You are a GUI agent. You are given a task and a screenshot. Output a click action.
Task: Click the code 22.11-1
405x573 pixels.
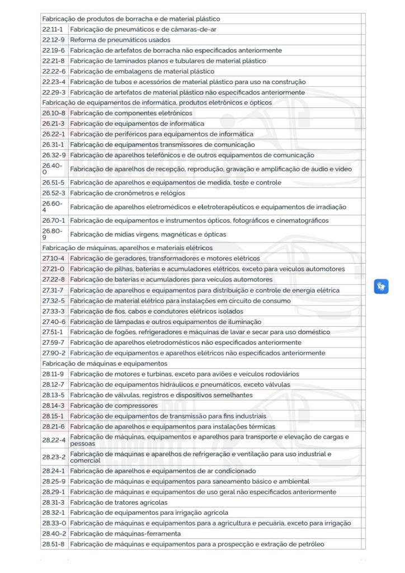(x=53, y=29)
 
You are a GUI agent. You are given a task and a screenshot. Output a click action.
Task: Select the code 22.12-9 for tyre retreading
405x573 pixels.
(x=53, y=40)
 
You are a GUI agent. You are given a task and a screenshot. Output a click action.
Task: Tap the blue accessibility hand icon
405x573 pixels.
(x=381, y=287)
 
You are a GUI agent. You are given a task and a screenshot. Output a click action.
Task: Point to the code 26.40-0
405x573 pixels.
(x=53, y=169)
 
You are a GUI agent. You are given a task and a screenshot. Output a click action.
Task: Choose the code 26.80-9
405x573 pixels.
(x=53, y=234)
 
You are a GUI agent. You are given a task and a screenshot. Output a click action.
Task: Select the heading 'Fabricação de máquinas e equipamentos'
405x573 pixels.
(x=97, y=363)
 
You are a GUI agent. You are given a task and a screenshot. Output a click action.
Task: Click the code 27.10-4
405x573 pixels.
(x=53, y=259)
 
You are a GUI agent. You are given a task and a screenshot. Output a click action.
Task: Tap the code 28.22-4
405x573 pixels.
(x=54, y=440)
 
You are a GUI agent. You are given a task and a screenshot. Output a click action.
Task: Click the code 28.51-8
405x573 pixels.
(x=53, y=544)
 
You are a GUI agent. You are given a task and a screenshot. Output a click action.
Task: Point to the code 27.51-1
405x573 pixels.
(x=53, y=332)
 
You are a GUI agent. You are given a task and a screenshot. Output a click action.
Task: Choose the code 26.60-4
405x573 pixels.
(x=53, y=207)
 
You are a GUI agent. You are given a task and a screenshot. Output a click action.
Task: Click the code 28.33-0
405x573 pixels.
(x=53, y=523)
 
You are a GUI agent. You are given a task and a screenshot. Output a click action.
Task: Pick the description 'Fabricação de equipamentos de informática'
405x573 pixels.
(x=137, y=124)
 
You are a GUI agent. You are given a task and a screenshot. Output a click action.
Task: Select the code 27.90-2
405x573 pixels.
(x=53, y=353)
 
